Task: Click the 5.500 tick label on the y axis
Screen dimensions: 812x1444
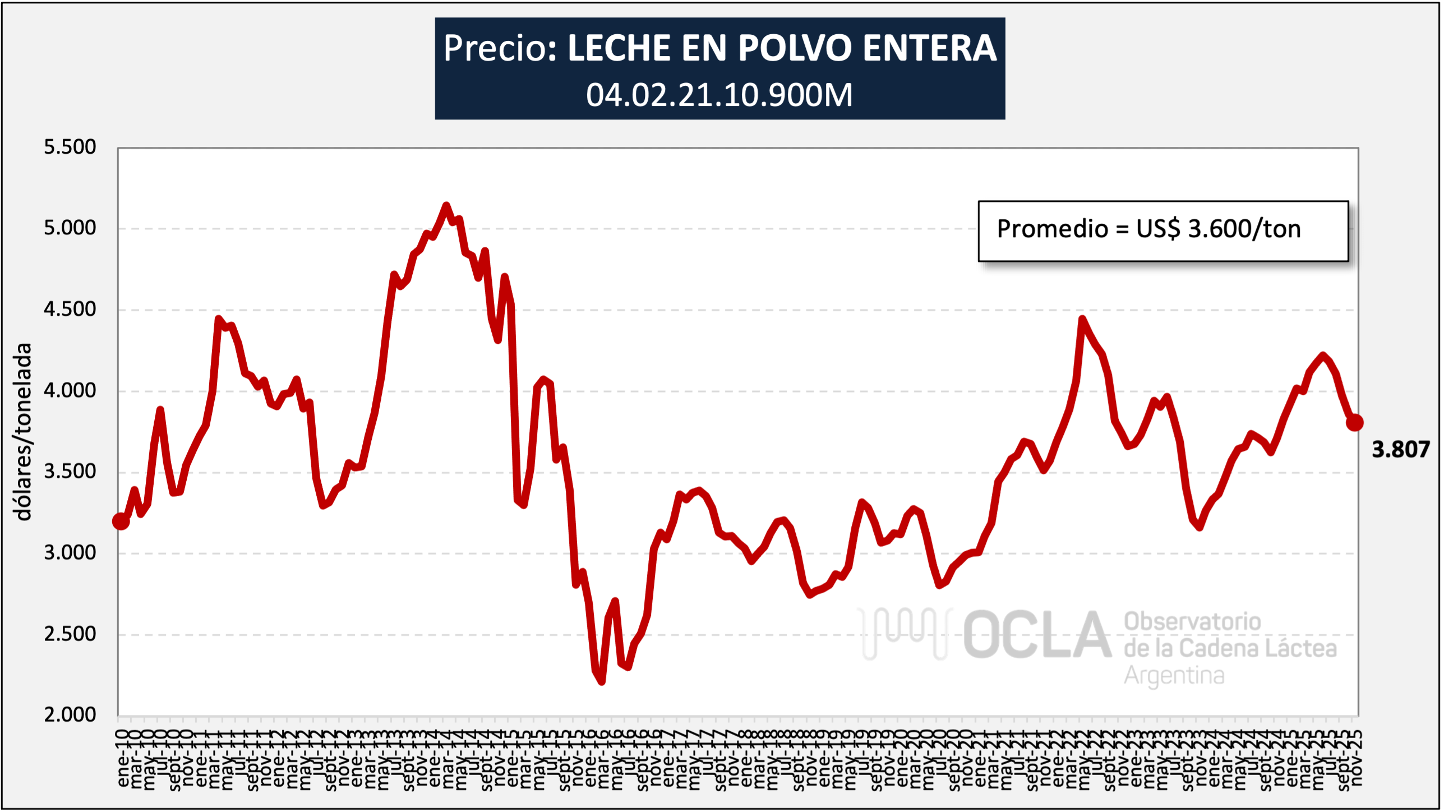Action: coord(70,147)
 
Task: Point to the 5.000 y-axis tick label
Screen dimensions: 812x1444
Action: coord(70,228)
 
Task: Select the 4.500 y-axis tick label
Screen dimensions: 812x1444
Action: coord(70,309)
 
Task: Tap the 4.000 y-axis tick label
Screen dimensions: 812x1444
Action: coord(70,390)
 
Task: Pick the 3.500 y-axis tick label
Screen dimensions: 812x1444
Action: coord(70,472)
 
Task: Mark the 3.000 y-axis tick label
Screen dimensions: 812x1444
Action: coord(70,553)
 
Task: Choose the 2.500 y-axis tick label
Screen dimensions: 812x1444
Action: coord(70,634)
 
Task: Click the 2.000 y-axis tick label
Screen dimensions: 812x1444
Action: coord(70,715)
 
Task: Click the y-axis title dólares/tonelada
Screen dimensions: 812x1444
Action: coord(22,432)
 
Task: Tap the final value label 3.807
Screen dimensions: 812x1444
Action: coord(1400,450)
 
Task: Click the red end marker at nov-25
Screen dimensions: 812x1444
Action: coord(1354,422)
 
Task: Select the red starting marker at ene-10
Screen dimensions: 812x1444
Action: coord(121,521)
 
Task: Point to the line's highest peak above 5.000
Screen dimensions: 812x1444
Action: coord(446,205)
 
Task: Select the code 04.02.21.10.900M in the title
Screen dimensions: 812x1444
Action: coord(719,95)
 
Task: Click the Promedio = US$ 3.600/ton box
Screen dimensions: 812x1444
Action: coord(1163,230)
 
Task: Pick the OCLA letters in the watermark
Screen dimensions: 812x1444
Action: coord(1037,635)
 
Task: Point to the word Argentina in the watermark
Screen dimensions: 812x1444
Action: coord(1174,676)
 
